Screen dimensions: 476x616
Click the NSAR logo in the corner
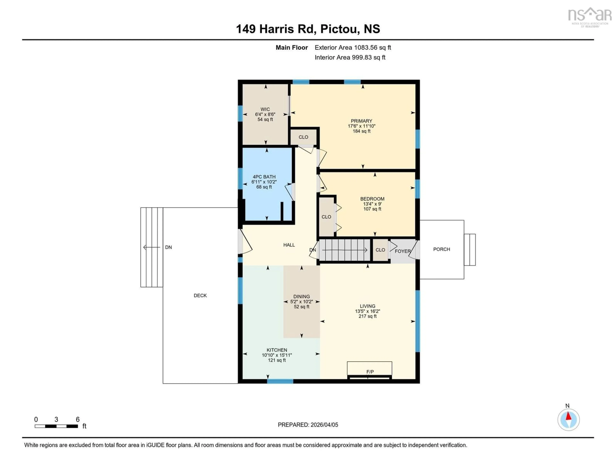590,17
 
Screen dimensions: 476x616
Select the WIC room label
265,109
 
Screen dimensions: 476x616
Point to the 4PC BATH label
264,177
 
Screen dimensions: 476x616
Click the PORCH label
441,249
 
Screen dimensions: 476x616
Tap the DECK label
200,295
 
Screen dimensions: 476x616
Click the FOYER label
402,251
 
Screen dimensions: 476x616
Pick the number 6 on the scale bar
78,419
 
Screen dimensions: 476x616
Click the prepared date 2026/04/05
324,425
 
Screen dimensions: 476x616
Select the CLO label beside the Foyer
380,250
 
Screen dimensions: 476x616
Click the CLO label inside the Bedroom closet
326,217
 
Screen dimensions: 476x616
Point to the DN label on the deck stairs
168,247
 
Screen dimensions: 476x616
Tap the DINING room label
302,296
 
